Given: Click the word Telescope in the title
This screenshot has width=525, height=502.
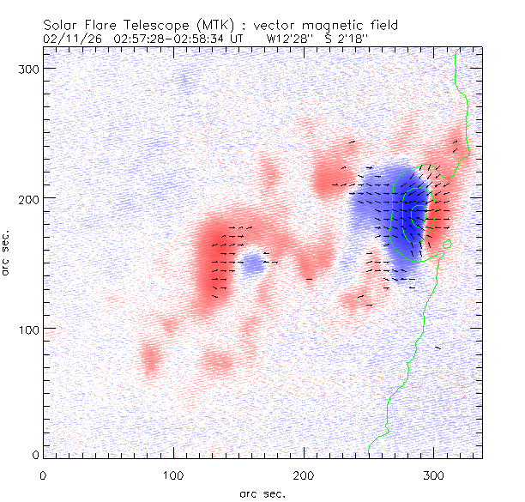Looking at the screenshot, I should click(155, 26).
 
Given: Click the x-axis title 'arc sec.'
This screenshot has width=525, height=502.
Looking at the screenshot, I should click(262, 493).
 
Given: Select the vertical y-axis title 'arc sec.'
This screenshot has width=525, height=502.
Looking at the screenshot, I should click(8, 252).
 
